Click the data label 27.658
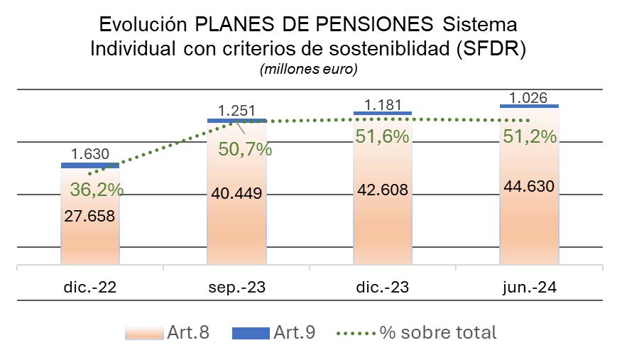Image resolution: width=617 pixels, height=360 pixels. (89, 217)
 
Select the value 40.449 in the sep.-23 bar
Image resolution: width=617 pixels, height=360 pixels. (237, 193)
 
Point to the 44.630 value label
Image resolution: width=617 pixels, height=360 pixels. (529, 187)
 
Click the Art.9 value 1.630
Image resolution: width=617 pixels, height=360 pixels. (89, 153)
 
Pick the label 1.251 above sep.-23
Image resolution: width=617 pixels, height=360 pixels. (237, 110)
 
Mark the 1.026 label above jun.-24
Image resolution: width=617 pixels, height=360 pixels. (529, 97)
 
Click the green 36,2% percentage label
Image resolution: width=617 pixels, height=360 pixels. (97, 190)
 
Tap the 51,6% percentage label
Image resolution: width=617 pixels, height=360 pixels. (382, 136)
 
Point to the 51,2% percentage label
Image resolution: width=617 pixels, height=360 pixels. (529, 136)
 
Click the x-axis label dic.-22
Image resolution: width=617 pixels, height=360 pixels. (89, 287)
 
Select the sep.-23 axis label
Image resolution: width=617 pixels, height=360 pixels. (237, 287)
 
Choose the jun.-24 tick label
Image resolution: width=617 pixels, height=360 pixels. (529, 287)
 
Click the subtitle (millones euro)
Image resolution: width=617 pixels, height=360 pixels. (308, 70)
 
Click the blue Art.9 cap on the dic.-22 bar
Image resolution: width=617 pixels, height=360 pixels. (89, 165)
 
